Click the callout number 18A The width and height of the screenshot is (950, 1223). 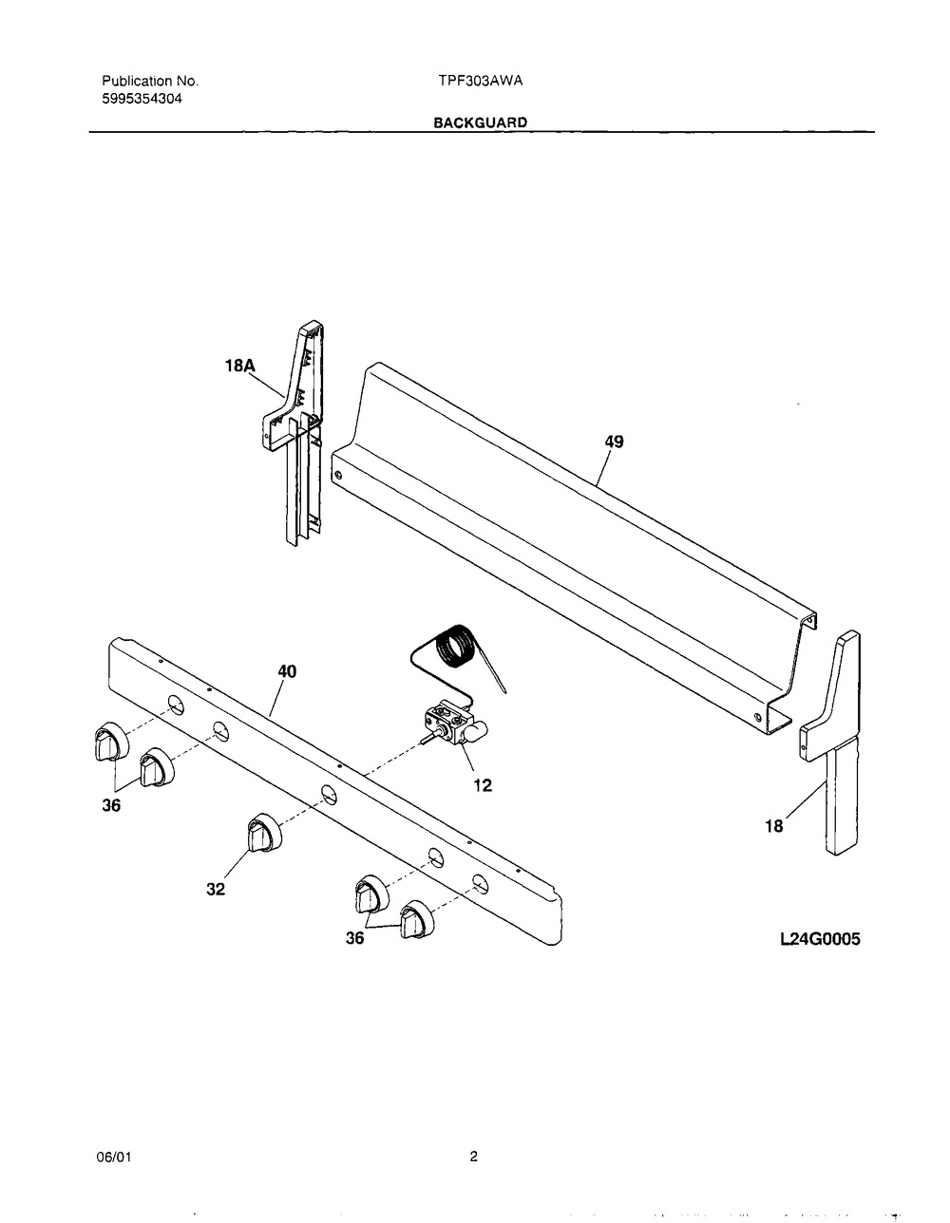[x=240, y=366]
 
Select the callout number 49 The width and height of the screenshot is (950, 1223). [x=615, y=442]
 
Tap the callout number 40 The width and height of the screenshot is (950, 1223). [x=287, y=671]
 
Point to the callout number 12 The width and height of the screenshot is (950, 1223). [x=483, y=785]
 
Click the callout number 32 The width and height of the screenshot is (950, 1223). [x=216, y=890]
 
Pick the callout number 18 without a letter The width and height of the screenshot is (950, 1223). [x=773, y=826]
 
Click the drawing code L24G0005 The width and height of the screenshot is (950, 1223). [x=820, y=939]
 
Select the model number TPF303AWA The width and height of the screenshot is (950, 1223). [x=481, y=81]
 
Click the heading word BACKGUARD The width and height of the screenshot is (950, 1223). [x=481, y=122]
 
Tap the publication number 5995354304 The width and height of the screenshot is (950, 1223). [x=142, y=99]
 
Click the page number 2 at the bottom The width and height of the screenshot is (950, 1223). [x=474, y=1157]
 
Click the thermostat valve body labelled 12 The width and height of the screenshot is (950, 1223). [x=455, y=724]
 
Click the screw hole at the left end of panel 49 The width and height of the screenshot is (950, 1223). [x=337, y=476]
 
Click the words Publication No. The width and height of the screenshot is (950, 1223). [x=150, y=81]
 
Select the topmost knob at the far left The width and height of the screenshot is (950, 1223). [x=111, y=742]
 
